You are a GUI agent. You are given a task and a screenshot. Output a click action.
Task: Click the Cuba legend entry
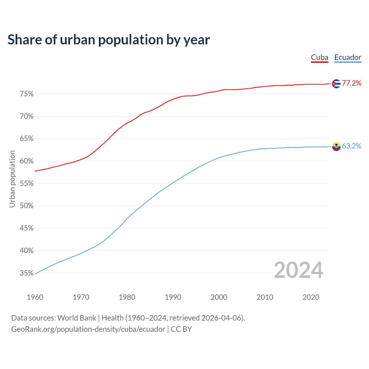(x=319, y=57)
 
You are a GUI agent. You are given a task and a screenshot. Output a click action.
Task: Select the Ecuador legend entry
(x=348, y=57)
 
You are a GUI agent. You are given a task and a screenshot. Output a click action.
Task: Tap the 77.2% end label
(x=351, y=83)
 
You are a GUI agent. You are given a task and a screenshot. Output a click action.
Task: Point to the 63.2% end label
(x=351, y=146)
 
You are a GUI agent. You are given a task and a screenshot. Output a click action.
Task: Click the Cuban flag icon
(x=336, y=84)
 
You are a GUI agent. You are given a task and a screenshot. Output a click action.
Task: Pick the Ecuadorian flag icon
(x=336, y=146)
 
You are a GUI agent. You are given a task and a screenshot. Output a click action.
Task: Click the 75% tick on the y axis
(x=27, y=94)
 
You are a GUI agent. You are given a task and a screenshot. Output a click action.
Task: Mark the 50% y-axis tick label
(x=27, y=206)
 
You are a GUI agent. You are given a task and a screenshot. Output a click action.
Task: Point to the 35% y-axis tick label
(x=27, y=273)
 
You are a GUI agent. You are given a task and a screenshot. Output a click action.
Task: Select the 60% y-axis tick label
(x=27, y=161)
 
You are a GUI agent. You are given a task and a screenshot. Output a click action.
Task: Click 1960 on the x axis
(x=35, y=297)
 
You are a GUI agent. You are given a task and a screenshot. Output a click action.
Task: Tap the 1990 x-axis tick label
(x=173, y=297)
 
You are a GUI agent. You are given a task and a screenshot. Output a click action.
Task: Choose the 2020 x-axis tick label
(x=311, y=297)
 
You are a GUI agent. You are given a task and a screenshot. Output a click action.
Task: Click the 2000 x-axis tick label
(x=219, y=297)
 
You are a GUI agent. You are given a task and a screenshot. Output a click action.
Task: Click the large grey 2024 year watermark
(x=298, y=270)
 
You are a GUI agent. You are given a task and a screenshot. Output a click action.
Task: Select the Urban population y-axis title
(x=12, y=179)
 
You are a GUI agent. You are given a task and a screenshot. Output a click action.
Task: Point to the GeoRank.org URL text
(x=88, y=329)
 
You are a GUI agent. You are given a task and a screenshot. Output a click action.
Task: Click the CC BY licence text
(x=181, y=329)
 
